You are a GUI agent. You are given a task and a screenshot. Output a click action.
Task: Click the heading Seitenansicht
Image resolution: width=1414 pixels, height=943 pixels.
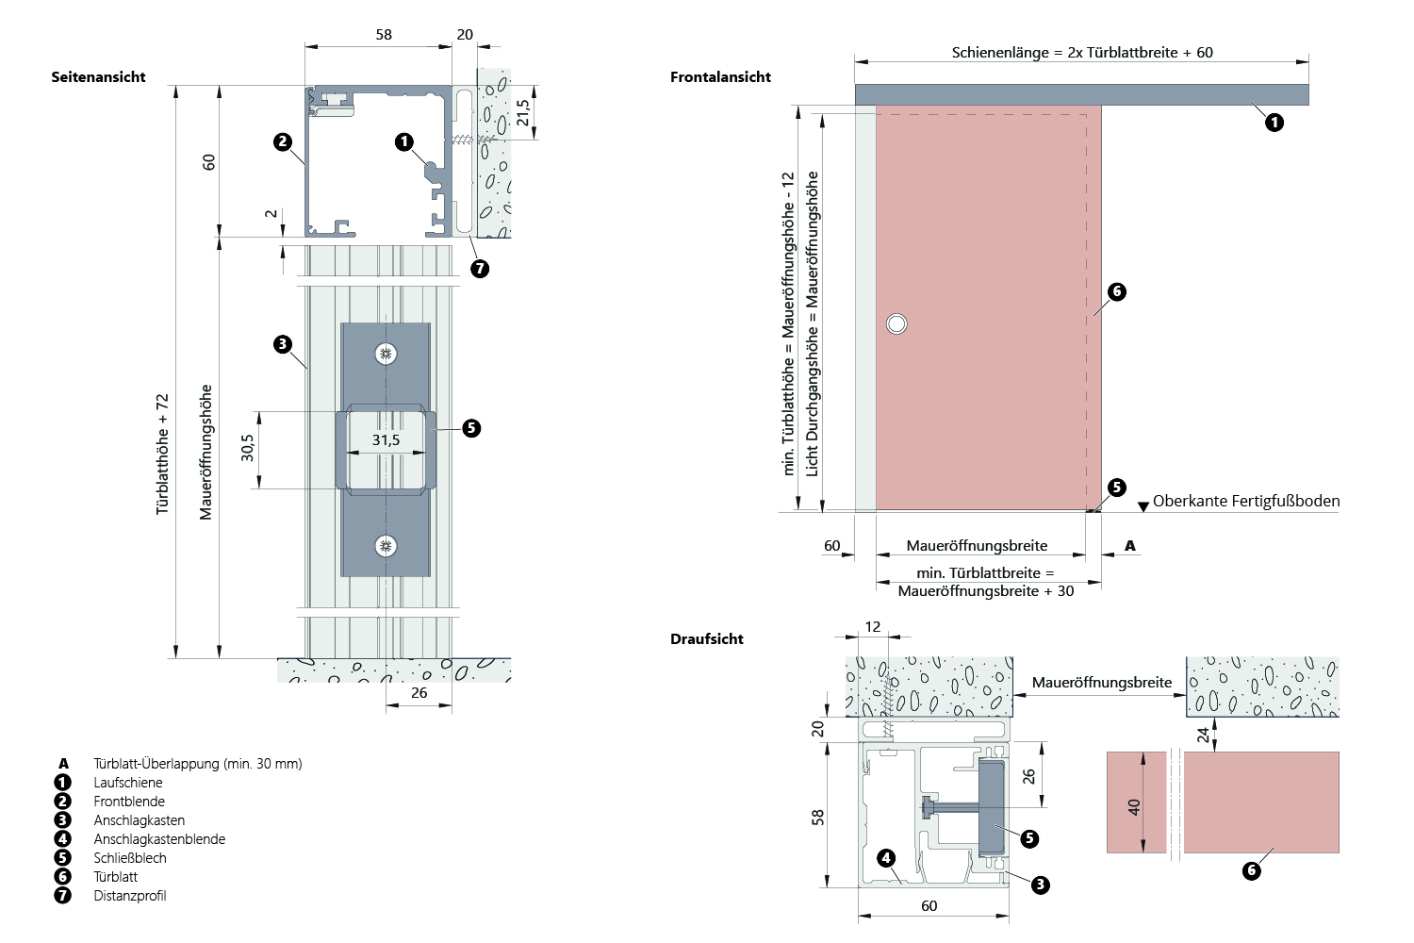(x=98, y=77)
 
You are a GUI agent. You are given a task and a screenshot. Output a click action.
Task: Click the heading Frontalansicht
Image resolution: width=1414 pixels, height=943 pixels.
(x=720, y=77)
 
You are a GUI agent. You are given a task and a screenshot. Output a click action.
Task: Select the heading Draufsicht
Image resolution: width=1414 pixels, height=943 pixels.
(x=706, y=639)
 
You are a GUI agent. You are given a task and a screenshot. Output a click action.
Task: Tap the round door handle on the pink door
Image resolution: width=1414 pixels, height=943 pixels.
(x=896, y=324)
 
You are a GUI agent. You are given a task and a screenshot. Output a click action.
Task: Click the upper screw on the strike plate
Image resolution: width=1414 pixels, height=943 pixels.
(x=386, y=354)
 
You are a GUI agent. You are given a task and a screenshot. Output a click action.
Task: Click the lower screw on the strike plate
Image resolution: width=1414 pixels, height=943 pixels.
(x=386, y=546)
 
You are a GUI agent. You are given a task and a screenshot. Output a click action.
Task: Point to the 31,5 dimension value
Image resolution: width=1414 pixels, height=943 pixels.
(x=386, y=440)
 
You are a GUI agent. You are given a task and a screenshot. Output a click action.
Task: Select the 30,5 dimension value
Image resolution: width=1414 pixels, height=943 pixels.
(x=248, y=447)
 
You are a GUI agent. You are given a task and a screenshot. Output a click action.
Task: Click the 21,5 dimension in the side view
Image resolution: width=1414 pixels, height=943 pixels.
(x=524, y=113)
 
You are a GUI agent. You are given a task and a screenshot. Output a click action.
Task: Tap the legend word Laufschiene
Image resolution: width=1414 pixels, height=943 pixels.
(x=128, y=783)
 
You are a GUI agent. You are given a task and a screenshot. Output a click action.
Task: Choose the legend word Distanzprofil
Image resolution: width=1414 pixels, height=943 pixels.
(x=130, y=896)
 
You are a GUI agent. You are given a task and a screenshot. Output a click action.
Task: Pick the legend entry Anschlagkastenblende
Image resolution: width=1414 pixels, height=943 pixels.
(x=159, y=839)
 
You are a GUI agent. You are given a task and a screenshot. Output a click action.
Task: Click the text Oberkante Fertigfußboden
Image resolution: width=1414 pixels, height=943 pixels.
(x=1245, y=502)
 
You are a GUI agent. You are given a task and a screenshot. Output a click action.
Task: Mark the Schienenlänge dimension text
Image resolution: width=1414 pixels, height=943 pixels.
(x=1082, y=53)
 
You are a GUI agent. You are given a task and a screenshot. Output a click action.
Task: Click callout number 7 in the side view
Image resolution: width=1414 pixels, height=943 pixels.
(x=480, y=269)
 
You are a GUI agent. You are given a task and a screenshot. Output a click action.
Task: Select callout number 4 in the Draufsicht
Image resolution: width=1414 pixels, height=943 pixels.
(x=885, y=857)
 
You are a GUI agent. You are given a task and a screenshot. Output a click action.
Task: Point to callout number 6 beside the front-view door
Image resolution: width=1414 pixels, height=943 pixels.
(x=1117, y=291)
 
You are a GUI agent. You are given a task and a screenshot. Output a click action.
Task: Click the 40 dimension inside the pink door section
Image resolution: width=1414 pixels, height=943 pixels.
(x=1134, y=807)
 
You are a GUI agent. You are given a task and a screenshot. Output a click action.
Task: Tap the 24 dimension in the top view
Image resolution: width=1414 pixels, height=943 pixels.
(x=1204, y=735)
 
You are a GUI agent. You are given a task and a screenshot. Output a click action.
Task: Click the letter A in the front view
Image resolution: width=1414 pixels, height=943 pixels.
(x=1130, y=546)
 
